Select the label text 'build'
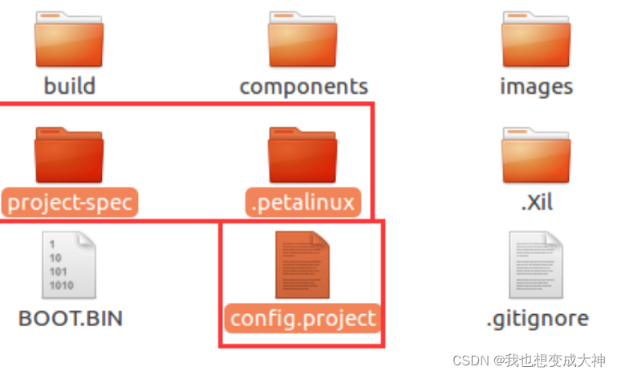click(69, 85)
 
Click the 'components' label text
click(303, 86)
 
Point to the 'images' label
click(536, 86)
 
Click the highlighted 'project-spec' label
click(69, 202)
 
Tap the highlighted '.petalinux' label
click(303, 202)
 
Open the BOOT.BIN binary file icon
click(69, 264)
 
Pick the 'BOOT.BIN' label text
click(70, 318)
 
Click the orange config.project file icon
click(302, 264)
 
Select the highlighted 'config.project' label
click(302, 318)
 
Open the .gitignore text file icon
click(536, 264)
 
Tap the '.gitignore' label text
click(537, 318)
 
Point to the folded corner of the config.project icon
click(322, 239)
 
